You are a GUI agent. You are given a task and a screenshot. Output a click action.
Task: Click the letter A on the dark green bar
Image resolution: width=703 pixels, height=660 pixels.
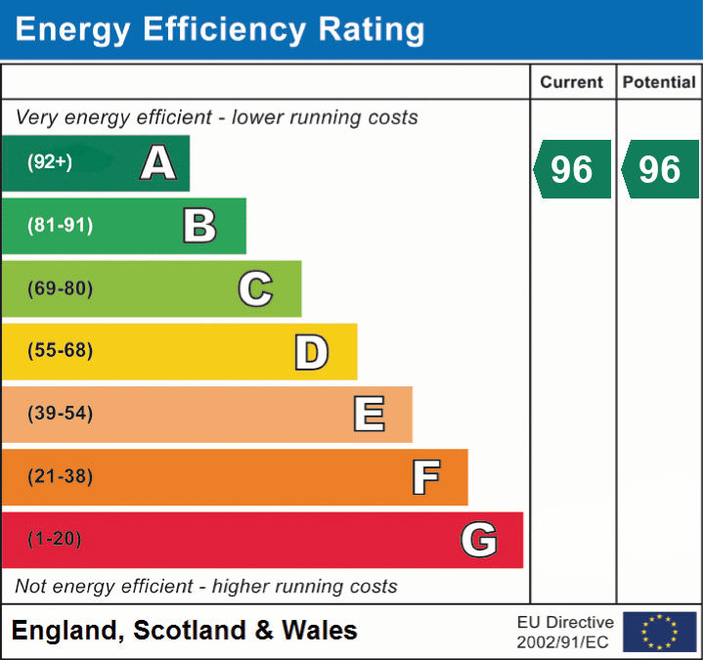tap(158, 163)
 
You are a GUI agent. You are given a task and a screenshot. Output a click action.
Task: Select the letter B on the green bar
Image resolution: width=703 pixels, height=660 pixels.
tap(199, 226)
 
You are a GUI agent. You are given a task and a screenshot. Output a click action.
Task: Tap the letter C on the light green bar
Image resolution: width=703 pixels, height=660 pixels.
tap(255, 289)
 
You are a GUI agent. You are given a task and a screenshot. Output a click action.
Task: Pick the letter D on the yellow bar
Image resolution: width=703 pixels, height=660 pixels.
tap(311, 352)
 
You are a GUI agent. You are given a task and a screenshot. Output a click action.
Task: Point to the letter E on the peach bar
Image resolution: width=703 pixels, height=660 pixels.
tap(369, 415)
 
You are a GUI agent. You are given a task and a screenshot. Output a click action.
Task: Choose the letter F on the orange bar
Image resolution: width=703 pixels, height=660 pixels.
tap(425, 477)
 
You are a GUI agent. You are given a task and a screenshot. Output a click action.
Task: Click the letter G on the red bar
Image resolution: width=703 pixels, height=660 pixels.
tap(479, 540)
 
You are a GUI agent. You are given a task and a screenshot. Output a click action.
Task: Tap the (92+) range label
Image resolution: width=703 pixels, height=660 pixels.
tap(50, 162)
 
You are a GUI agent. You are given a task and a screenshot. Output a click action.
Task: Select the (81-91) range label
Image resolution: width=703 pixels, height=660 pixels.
tap(60, 226)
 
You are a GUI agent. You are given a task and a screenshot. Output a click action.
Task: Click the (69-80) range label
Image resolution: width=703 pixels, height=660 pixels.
tap(60, 288)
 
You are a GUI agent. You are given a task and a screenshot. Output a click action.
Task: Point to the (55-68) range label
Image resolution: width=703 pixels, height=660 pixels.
tap(60, 351)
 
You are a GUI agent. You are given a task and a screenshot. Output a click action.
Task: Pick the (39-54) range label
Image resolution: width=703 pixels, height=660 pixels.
tap(60, 414)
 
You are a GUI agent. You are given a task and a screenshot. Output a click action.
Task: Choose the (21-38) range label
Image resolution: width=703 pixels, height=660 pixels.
tap(60, 477)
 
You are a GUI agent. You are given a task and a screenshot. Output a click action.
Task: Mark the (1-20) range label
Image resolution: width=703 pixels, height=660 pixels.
tap(55, 539)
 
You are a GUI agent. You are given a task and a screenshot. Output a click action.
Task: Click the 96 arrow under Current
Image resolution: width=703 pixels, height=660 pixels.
tap(572, 169)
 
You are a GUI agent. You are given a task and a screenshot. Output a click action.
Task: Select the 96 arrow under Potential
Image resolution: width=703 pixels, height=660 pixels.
tap(660, 169)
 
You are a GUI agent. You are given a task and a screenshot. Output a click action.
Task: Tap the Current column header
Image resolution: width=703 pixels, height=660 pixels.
tap(572, 83)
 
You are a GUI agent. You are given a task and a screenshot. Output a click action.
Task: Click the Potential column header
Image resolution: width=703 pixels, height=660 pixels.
tap(659, 83)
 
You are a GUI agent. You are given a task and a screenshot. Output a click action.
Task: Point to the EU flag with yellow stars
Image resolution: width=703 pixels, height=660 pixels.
tap(659, 632)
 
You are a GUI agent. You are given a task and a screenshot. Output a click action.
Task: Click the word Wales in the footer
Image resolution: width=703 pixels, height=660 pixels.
tap(320, 631)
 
